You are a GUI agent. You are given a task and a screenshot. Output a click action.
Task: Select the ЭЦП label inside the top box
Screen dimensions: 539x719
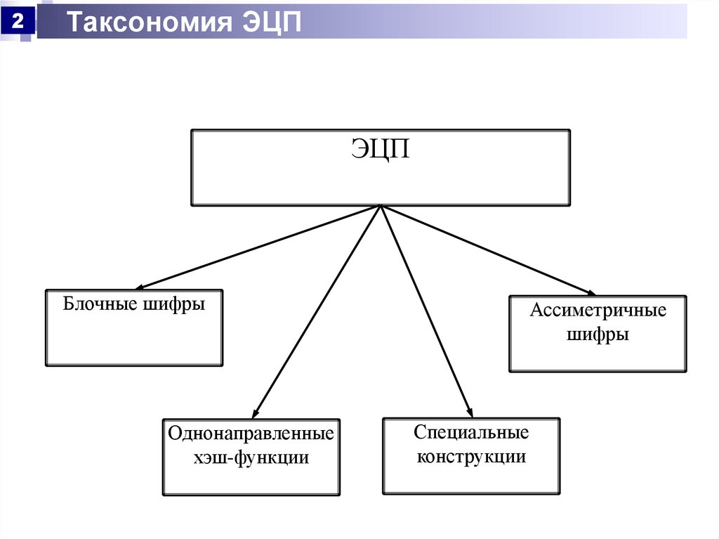[x=380, y=150]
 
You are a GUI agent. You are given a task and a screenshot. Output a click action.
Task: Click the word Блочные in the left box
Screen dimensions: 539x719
[x=93, y=305]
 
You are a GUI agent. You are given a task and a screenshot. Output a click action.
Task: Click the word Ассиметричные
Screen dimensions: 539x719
[x=598, y=310]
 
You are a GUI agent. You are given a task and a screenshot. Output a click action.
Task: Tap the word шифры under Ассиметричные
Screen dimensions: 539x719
[x=598, y=335]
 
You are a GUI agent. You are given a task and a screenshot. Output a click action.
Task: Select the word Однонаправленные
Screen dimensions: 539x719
[x=251, y=433]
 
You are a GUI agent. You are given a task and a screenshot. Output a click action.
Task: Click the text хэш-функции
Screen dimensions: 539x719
[x=251, y=457]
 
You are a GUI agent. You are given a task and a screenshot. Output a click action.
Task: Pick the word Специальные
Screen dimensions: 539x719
[x=471, y=432]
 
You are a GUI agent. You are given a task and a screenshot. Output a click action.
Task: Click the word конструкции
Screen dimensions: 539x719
[x=471, y=457]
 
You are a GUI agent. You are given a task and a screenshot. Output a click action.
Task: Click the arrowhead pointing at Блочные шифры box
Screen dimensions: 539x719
[x=140, y=287]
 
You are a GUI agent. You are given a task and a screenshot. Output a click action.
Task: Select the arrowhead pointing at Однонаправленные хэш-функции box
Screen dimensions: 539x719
[x=256, y=415]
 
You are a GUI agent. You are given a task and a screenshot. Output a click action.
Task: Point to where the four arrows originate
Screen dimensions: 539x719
[x=380, y=206]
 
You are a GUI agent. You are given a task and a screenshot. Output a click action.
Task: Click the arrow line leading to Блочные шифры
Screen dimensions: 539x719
[x=260, y=247]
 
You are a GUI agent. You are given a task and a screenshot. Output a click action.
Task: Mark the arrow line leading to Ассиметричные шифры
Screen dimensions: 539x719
[x=484, y=249]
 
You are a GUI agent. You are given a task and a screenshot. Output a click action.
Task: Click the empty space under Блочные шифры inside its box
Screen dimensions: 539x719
[x=133, y=341]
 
